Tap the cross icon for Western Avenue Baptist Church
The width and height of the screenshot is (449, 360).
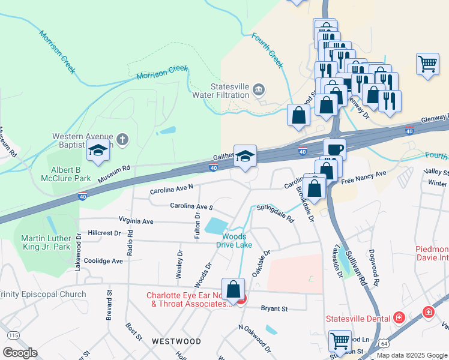coord(122,140)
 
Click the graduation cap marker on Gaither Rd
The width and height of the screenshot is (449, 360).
coord(245,157)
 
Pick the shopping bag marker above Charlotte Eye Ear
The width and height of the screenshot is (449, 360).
coord(233,289)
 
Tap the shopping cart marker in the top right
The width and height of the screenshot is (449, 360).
coord(427,63)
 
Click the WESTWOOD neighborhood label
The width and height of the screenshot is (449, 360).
coord(176,341)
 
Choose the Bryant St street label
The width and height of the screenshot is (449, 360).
coord(275,308)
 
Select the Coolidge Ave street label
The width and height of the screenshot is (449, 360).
coord(103,261)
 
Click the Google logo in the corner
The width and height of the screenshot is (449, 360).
coord(20,353)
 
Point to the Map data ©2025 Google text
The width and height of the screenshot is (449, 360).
coord(411,355)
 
